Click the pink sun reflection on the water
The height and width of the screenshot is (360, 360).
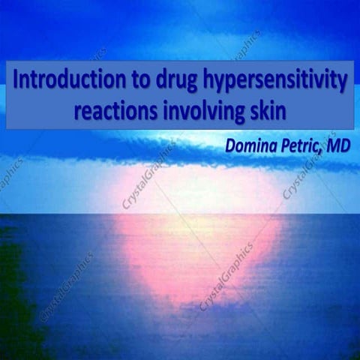point(194,247)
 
